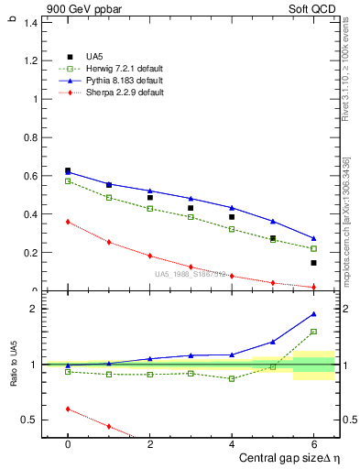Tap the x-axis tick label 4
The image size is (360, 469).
(x=232, y=444)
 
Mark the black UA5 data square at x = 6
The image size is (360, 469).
(x=313, y=263)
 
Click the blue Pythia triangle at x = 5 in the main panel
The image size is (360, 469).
(x=272, y=222)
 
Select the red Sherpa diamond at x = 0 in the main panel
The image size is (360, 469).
(x=68, y=222)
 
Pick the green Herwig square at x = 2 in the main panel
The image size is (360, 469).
(x=149, y=209)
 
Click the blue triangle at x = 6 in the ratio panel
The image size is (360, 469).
(x=313, y=314)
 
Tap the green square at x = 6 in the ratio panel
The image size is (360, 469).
(x=313, y=332)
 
